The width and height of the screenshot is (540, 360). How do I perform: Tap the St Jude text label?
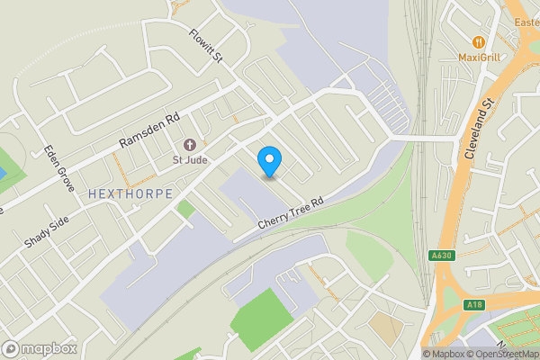point(190,162)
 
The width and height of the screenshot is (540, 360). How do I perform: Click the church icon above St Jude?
point(190,145)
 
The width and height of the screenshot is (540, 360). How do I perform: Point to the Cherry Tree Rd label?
point(290,213)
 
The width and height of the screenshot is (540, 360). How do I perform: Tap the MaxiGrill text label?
point(479,58)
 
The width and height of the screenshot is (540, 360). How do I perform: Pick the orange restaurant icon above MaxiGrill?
point(479,41)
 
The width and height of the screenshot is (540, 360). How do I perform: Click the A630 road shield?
point(440,256)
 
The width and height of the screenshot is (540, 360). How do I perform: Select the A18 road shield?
point(474,305)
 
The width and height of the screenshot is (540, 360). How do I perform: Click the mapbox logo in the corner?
point(40,348)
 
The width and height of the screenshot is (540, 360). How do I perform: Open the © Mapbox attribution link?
point(444,354)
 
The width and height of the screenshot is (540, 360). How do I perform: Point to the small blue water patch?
point(2,172)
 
